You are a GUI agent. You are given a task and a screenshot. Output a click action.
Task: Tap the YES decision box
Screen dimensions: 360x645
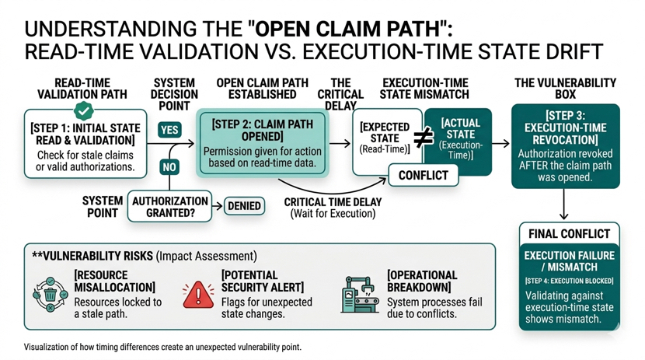point(169,131)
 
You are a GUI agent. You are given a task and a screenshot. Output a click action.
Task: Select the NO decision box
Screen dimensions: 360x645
point(169,166)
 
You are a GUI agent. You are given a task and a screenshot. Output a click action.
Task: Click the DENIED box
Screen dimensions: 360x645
point(244,206)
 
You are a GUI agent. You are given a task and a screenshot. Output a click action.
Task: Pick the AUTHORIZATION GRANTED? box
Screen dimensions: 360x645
point(169,206)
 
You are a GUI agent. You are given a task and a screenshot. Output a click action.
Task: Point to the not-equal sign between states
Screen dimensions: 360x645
point(423,138)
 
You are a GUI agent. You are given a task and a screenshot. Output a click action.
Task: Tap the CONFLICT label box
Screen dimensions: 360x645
point(423,175)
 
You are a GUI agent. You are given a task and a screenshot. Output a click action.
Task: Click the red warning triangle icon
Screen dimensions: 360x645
point(200,293)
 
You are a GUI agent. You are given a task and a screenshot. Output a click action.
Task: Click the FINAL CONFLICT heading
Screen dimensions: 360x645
point(569,233)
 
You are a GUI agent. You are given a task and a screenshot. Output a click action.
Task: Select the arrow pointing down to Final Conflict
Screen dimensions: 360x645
point(564,206)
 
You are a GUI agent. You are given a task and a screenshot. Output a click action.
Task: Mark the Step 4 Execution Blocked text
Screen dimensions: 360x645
point(569,281)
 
